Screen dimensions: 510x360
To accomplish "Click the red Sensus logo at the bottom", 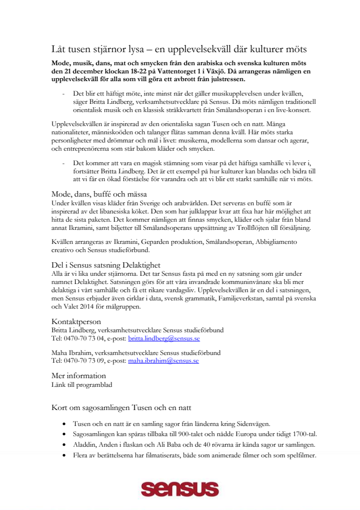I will (180, 489).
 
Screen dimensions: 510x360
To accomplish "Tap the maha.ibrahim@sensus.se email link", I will (163, 360).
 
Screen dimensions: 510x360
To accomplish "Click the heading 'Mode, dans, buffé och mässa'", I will (99, 194).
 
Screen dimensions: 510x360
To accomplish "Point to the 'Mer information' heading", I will (79, 375).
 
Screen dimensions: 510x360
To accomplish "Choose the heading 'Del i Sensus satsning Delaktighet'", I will (106, 265).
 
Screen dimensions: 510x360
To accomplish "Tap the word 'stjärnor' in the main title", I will (105, 49).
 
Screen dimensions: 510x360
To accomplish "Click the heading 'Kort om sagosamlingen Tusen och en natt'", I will (122, 408).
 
